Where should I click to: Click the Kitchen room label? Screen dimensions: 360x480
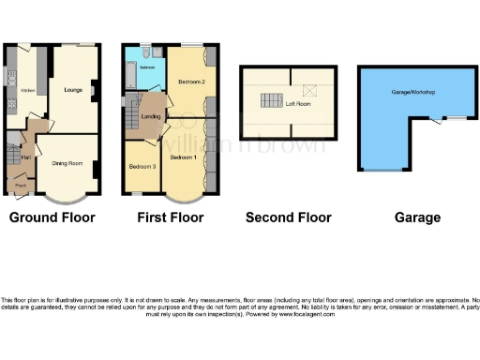coord(28,90)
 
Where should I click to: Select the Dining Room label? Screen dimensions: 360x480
coord(66,164)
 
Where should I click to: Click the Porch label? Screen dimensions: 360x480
coord(20,186)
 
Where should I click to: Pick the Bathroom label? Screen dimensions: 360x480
coord(147,68)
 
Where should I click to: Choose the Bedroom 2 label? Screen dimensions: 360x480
coord(191,82)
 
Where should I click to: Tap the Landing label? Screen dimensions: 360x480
coord(148,115)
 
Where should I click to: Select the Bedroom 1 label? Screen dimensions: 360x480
coord(183,157)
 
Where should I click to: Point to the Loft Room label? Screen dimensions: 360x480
coord(298,104)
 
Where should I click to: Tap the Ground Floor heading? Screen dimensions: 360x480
coord(52,217)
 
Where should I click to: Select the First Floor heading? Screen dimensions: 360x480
coord(170,217)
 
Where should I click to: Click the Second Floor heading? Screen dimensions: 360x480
coord(288,217)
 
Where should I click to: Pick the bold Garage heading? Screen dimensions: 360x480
coord(417,217)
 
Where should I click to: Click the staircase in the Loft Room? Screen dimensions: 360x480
coord(271,101)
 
